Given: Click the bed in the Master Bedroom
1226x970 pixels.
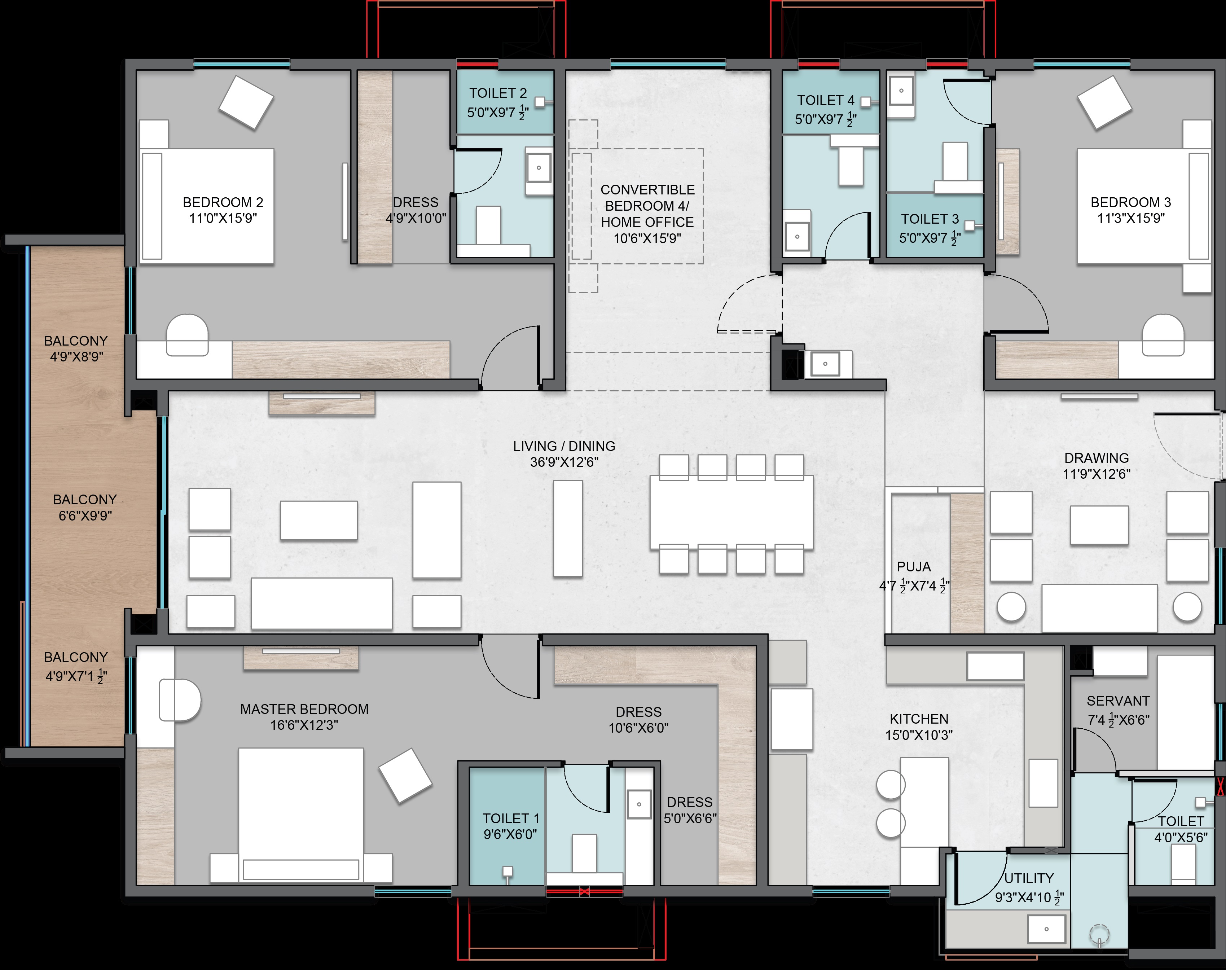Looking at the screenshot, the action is point(301,815).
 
